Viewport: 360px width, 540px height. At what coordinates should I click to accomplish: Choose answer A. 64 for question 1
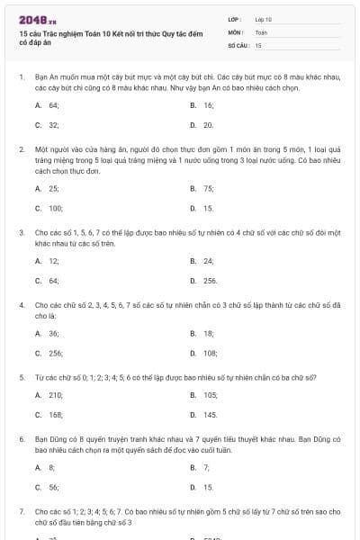click(x=47, y=105)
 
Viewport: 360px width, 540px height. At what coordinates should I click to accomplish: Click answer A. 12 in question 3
click(x=47, y=261)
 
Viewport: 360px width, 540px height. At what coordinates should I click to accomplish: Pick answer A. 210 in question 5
click(x=49, y=395)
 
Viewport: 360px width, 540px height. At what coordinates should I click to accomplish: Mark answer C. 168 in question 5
click(x=49, y=415)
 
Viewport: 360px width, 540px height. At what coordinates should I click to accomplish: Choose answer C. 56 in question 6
click(x=46, y=487)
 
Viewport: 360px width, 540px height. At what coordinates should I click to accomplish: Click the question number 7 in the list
click(x=22, y=511)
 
